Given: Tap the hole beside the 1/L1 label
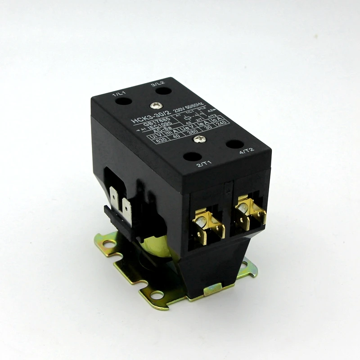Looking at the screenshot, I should (x=121, y=101).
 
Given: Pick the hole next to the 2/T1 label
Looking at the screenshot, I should (x=192, y=157).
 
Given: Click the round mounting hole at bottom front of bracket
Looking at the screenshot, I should (x=157, y=295).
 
